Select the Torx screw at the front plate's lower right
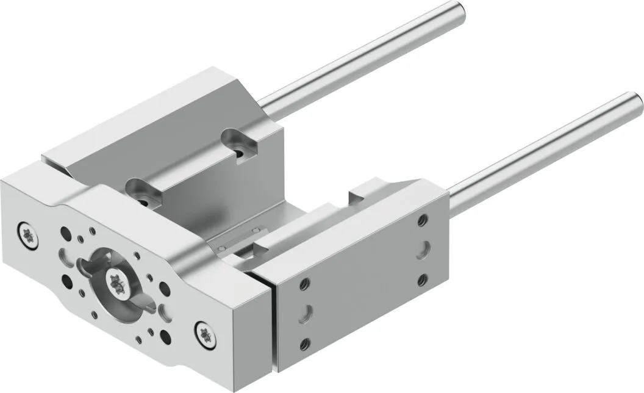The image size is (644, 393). click(x=204, y=333)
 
